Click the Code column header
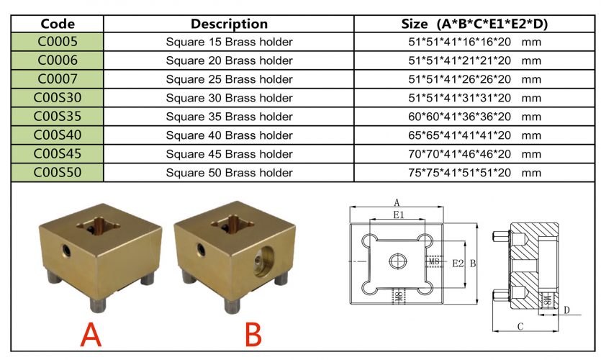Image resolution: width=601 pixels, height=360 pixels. pyautogui.click(x=58, y=24)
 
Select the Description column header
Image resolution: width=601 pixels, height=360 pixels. pyautogui.click(x=229, y=24)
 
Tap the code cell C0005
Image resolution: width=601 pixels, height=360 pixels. pyautogui.click(x=58, y=42)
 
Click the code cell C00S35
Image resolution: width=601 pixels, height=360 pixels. pyautogui.click(x=58, y=117)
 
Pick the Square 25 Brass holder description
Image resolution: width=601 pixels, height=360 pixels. pyautogui.click(x=229, y=79)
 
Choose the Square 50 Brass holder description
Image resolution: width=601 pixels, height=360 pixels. pyautogui.click(x=229, y=173)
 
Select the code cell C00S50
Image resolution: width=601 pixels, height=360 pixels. pyautogui.click(x=58, y=173)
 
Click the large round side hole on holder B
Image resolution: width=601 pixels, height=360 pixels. pyautogui.click(x=264, y=260)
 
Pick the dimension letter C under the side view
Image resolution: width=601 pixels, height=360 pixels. pyautogui.click(x=520, y=326)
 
